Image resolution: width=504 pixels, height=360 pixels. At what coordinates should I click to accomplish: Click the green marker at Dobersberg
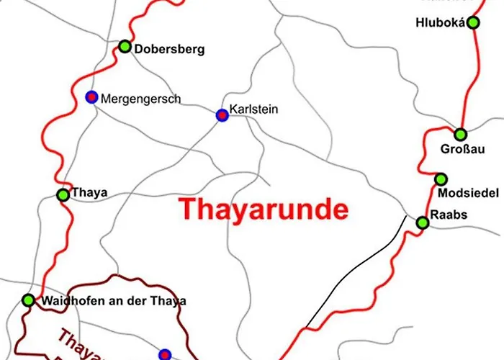click(x=125, y=47)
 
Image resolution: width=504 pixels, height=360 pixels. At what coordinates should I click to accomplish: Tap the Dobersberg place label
click(x=170, y=50)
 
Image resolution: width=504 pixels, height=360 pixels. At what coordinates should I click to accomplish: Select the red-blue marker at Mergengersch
click(x=91, y=96)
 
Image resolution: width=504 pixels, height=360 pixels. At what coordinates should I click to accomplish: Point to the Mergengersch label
click(x=141, y=99)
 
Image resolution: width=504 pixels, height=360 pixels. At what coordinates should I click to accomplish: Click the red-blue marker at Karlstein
click(x=222, y=114)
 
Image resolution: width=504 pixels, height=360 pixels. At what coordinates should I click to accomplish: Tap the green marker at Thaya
click(x=63, y=194)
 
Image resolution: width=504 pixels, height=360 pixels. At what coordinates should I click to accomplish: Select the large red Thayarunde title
click(x=264, y=210)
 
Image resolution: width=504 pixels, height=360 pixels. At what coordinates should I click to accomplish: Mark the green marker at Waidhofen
click(x=28, y=300)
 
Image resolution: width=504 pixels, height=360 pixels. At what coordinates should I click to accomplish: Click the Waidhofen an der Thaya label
click(x=114, y=301)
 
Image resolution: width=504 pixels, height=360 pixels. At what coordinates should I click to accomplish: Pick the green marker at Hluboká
click(x=473, y=22)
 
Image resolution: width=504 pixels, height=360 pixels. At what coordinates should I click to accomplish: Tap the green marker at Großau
click(x=460, y=134)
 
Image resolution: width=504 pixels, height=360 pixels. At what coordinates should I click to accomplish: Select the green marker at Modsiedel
click(x=441, y=179)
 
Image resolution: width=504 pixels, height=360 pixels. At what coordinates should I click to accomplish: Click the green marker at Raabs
click(x=423, y=223)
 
